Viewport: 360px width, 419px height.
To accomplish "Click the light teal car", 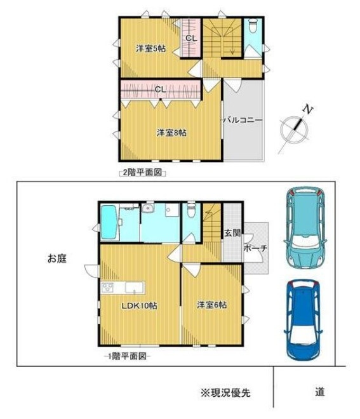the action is click(305, 228).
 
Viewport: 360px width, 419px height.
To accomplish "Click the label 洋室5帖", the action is click(150, 49).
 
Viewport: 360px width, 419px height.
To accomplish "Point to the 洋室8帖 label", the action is click(171, 133).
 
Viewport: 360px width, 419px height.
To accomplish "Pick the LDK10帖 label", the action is click(139, 305).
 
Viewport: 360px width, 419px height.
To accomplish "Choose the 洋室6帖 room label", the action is click(211, 305).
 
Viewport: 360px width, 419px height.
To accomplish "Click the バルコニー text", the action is click(243, 120).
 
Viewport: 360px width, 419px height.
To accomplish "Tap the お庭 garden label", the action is click(57, 258).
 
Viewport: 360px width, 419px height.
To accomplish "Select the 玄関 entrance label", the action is click(232, 233).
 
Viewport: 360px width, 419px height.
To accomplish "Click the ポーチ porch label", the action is click(255, 248).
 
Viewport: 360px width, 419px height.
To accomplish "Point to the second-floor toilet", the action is click(252, 26).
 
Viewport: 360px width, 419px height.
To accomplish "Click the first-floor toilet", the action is click(191, 210).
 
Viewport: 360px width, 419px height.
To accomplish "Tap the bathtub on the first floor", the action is click(109, 222).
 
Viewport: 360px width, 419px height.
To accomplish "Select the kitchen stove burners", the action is click(107, 288).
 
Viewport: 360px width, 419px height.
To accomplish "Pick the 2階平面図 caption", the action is click(142, 173).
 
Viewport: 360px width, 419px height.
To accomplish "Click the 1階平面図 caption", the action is click(127, 356).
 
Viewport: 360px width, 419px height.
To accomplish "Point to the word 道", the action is click(319, 392).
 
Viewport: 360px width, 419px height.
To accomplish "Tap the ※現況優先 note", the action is click(225, 392).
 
